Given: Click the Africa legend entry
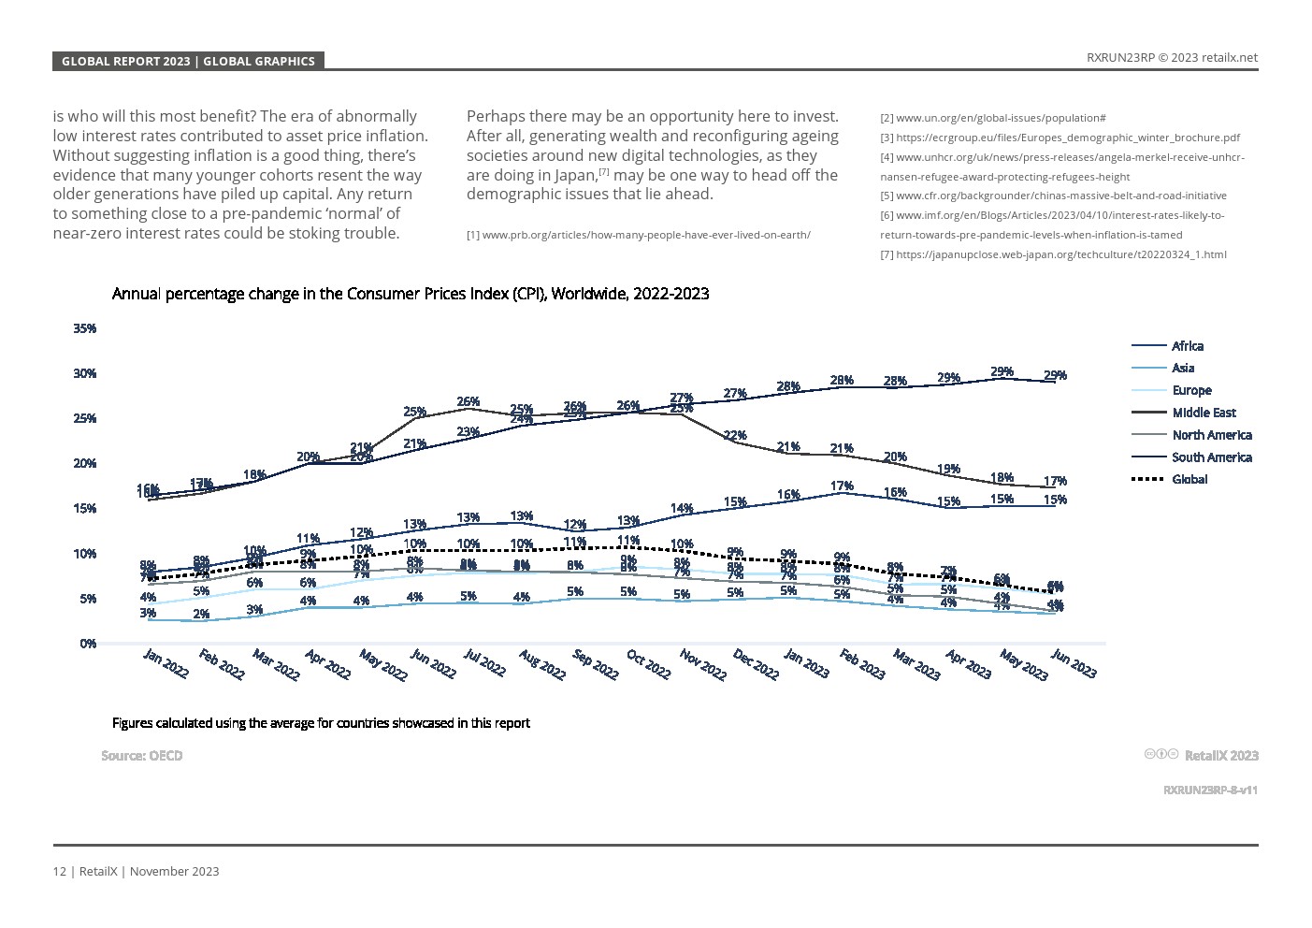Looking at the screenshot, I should (x=1187, y=346).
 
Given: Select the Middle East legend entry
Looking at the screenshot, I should (x=1204, y=413).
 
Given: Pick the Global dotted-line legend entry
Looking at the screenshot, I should (x=1189, y=479).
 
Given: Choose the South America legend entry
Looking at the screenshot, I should (x=1211, y=457).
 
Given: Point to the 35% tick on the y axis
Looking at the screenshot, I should (x=85, y=328).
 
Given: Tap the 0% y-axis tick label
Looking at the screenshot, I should (x=88, y=644).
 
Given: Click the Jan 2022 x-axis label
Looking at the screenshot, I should (x=166, y=663).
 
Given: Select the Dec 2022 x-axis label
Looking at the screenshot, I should (x=756, y=664).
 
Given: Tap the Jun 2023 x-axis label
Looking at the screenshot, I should (x=1074, y=663).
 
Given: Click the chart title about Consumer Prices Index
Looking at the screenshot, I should (x=411, y=294).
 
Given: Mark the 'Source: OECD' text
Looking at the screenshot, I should (x=142, y=756).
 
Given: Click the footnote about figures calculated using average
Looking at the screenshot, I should (x=321, y=723).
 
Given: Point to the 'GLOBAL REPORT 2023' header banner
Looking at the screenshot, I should (x=188, y=62).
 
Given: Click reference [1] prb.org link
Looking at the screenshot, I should (x=639, y=235).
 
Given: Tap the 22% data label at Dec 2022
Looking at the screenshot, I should (x=735, y=436).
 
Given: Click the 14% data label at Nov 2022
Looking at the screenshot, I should (x=682, y=509).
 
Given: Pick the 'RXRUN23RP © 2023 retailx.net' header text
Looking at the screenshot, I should (x=1172, y=57).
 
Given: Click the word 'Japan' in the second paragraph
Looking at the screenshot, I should (x=574, y=175).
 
